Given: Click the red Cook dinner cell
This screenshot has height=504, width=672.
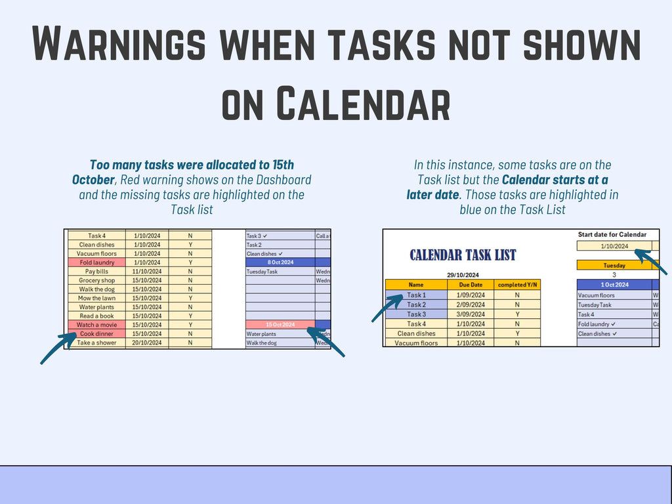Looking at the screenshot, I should click(96, 333).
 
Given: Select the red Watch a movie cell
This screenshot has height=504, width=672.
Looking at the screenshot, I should click(96, 324).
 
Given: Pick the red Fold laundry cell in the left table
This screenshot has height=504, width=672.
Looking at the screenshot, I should click(96, 262).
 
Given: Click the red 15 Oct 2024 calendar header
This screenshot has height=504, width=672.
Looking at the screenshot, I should click(280, 324).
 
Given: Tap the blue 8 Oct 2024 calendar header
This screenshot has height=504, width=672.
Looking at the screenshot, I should click(280, 262).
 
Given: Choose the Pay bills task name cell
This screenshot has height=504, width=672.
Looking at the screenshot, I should click(96, 271).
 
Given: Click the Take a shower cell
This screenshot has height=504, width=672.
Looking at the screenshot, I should click(96, 343).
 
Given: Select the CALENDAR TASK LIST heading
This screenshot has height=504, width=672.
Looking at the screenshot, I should click(463, 255).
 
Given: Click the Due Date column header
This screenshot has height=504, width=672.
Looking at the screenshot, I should click(471, 285).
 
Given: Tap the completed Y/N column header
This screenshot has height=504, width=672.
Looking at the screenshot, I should click(518, 285).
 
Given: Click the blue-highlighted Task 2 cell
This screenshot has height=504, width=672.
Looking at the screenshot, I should click(416, 304).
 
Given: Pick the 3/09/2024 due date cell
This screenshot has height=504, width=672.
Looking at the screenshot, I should click(471, 314).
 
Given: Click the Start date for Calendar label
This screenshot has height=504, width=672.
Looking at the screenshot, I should click(612, 234).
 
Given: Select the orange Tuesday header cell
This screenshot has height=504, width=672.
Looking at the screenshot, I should click(614, 266).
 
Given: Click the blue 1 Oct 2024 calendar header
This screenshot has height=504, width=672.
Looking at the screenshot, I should click(614, 285).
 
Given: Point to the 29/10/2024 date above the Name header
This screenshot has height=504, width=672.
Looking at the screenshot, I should click(462, 274).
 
